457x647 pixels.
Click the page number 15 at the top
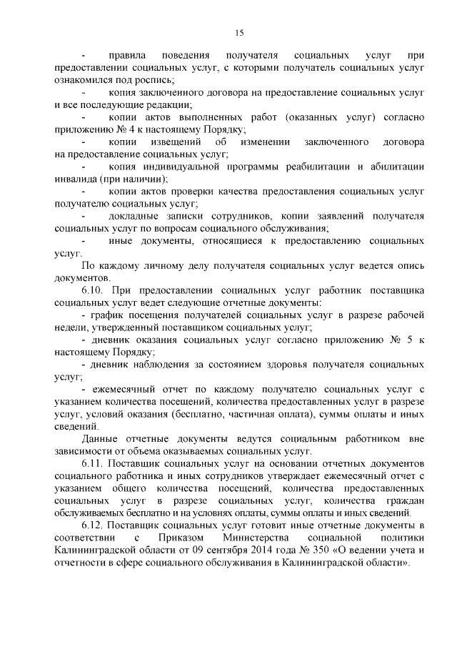[238, 31]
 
